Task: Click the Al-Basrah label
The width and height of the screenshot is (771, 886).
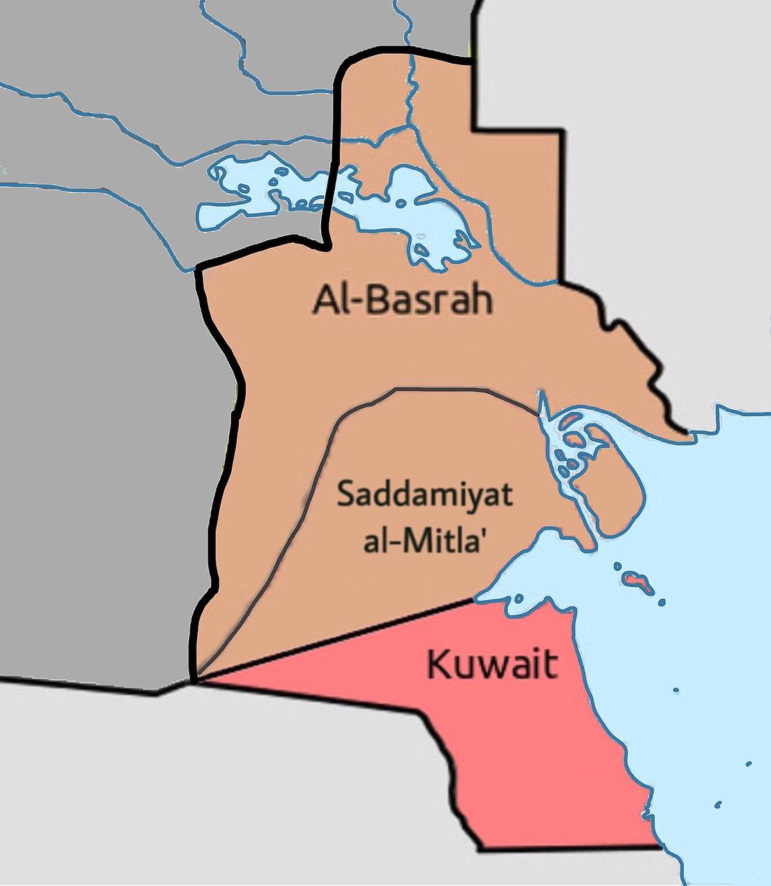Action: (x=403, y=300)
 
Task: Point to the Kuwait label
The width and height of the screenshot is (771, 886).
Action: (x=492, y=664)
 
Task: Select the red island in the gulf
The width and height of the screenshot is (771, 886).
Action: (x=638, y=580)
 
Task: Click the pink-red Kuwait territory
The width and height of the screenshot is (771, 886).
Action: (x=526, y=748)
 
